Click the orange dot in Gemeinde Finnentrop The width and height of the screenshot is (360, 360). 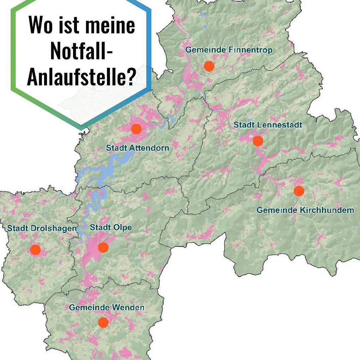209,66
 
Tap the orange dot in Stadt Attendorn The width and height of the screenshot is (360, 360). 136,129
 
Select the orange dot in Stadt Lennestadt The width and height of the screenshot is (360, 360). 258,141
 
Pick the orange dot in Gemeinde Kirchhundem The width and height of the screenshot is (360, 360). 299,191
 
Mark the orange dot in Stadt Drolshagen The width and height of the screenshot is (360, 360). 35,250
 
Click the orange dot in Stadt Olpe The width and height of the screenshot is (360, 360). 103,247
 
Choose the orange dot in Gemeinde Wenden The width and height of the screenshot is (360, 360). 103,322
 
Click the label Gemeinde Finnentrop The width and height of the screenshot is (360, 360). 229,50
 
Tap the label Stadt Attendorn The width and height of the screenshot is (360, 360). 137,148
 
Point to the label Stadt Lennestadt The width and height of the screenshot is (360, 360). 268,125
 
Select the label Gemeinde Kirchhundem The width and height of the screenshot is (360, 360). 305,210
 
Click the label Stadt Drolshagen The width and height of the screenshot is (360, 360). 42,229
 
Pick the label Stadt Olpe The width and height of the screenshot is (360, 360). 110,228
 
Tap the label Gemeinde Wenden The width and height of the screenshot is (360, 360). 107,308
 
